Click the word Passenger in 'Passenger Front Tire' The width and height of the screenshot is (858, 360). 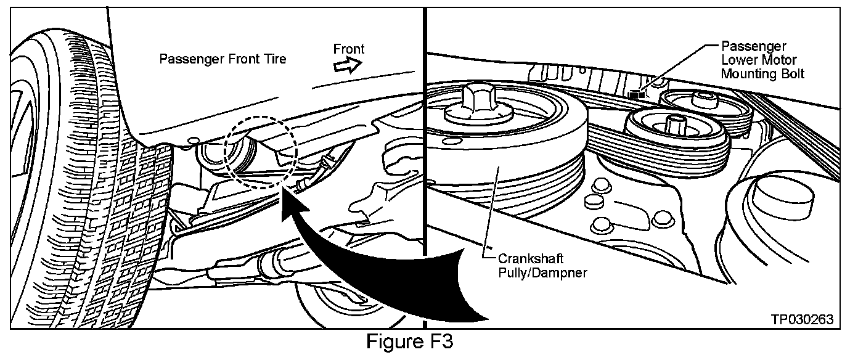[x=187, y=60]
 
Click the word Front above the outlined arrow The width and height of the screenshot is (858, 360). [x=348, y=49]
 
